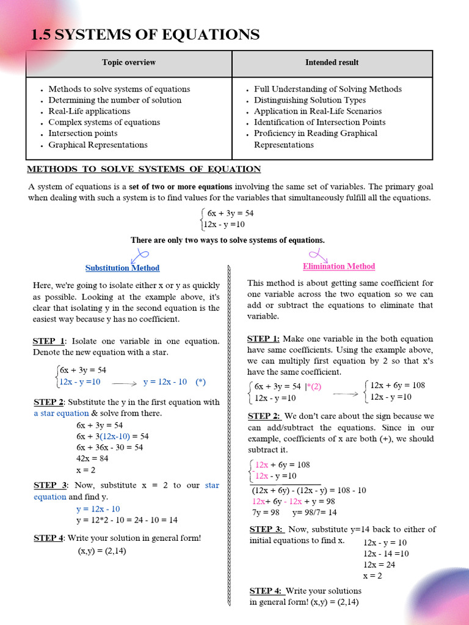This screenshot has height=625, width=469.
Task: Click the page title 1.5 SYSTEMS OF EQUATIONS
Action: click(x=145, y=35)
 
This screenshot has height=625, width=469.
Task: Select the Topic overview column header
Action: click(x=128, y=62)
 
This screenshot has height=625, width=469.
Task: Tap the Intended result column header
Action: click(x=332, y=62)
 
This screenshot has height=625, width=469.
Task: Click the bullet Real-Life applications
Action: click(x=89, y=111)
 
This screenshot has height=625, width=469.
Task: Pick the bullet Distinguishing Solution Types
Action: click(x=310, y=100)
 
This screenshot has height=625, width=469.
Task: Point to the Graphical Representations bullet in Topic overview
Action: click(x=98, y=145)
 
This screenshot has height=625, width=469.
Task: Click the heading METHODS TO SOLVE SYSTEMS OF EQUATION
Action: click(x=144, y=169)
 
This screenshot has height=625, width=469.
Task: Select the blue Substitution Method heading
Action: click(x=122, y=268)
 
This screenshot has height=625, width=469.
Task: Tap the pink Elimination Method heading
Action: click(x=339, y=266)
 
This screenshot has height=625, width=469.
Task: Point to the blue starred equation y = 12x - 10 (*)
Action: click(x=174, y=382)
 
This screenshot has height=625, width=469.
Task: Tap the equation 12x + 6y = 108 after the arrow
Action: click(x=398, y=385)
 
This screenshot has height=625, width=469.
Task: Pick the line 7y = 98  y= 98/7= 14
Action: click(x=294, y=512)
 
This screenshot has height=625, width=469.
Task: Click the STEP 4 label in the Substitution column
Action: click(x=48, y=538)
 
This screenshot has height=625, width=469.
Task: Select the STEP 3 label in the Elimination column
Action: click(x=266, y=529)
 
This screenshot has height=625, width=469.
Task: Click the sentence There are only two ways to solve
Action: click(x=227, y=240)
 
